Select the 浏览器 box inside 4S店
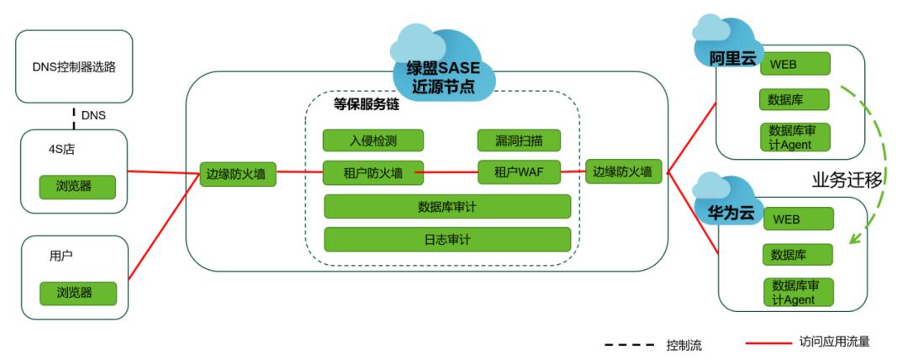[x=74, y=185]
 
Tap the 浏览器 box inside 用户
[x=74, y=293]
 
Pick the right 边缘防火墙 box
[x=622, y=172]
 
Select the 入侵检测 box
[x=373, y=140]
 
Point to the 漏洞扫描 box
[x=519, y=140]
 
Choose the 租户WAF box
[x=519, y=172]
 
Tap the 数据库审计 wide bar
[x=447, y=206]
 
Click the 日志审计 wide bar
[x=447, y=239]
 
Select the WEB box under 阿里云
[x=794, y=65]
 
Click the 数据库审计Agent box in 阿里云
[x=795, y=136]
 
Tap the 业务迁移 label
[x=846, y=179]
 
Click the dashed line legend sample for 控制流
[x=630, y=344]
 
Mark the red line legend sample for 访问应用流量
[x=768, y=343]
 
